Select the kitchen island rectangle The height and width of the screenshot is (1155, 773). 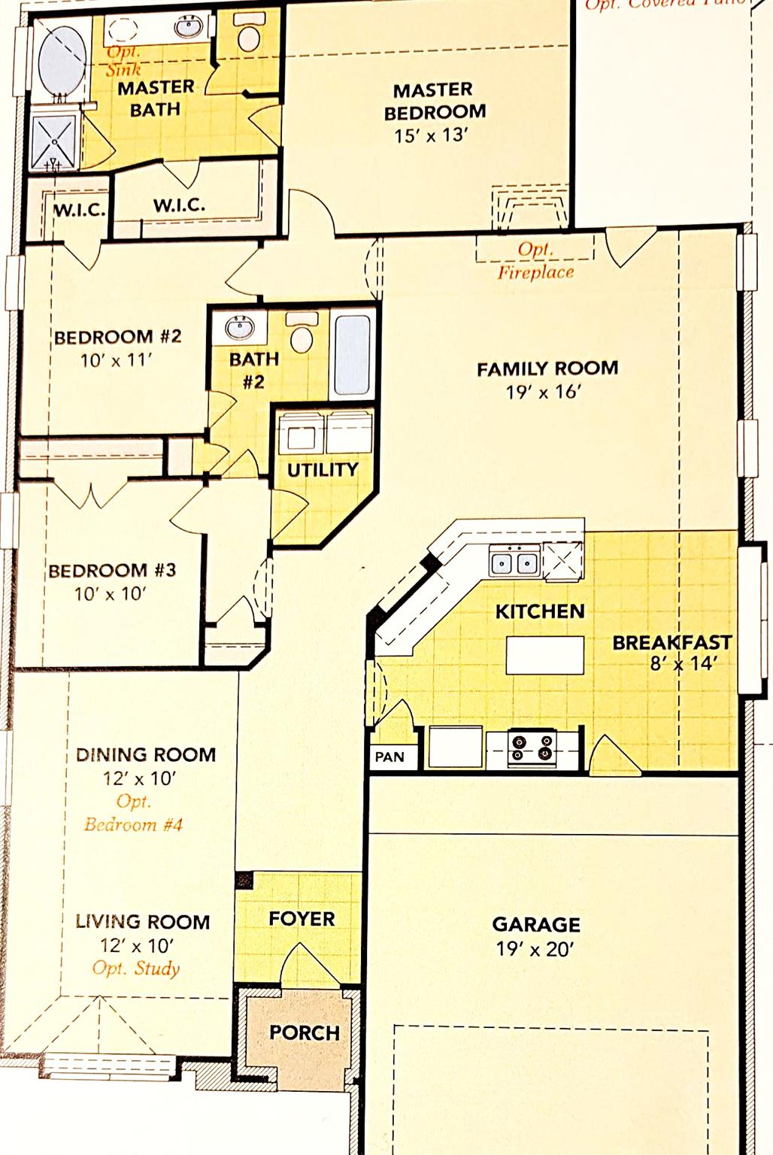coord(545,655)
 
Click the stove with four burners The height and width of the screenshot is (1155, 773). coord(531,748)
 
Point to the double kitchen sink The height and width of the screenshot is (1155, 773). coord(514,562)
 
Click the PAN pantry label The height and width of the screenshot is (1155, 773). coord(390,756)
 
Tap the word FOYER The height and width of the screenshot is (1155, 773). coord(302,918)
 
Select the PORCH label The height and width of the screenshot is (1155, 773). coord(305,1032)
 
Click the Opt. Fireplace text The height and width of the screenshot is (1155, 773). coord(535,261)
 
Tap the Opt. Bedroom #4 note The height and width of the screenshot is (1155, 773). coord(133,813)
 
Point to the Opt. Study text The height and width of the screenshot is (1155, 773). coord(135,968)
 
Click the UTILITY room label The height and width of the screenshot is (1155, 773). coord(322,469)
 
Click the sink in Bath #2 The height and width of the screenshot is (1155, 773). coord(240,329)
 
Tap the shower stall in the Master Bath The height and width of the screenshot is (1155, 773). coord(54,141)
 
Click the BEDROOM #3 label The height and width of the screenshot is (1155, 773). coord(112,570)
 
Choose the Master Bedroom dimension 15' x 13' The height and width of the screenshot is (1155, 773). coord(431,135)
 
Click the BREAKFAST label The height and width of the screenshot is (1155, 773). coord(671,642)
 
